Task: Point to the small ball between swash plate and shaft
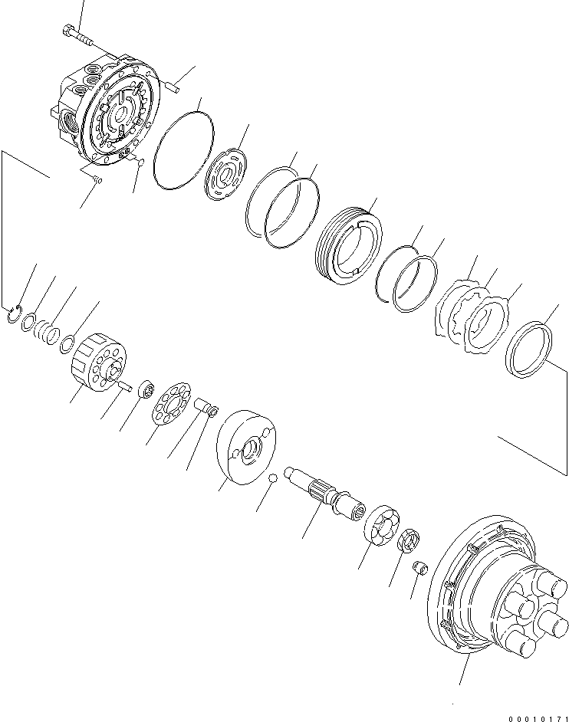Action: point(271,479)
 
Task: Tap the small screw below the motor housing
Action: point(97,179)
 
